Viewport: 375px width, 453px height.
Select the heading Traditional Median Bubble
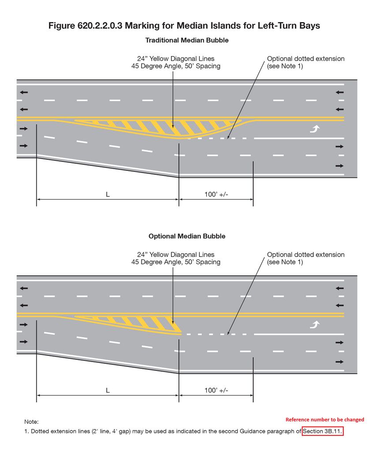pos(187,40)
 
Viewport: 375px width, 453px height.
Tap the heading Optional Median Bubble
pos(187,236)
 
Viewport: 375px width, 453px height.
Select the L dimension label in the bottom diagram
pos(108,390)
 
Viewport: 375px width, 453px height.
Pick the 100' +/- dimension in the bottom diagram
pos(216,390)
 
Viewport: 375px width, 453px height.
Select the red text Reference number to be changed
pos(325,419)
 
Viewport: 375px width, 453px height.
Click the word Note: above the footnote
pos(31,422)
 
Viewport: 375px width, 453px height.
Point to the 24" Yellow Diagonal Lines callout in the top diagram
pos(176,59)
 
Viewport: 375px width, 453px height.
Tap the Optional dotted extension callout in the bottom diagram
pos(306,255)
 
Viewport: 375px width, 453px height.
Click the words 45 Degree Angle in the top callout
pos(157,66)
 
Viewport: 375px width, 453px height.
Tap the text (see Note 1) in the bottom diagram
pos(285,262)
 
